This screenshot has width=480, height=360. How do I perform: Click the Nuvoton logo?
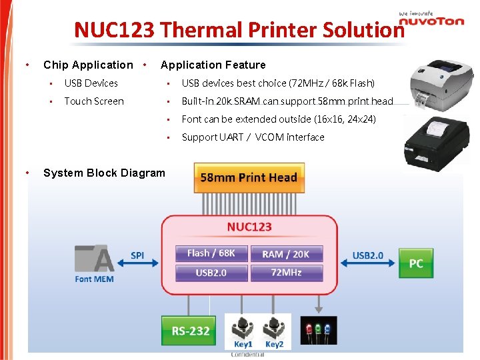(431, 20)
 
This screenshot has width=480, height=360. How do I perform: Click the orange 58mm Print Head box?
(249, 177)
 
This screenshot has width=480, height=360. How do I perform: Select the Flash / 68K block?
(211, 253)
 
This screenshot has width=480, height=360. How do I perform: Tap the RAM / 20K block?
(287, 253)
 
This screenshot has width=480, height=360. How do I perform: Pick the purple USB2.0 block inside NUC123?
(211, 273)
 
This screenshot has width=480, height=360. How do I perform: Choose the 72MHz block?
(287, 273)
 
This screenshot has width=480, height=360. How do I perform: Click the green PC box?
(415, 263)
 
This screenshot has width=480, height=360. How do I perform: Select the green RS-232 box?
(191, 331)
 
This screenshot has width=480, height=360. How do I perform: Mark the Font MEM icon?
(94, 261)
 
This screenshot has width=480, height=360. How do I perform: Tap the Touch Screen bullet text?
(94, 101)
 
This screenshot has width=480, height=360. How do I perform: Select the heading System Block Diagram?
(104, 173)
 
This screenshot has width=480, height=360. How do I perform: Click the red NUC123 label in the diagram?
(249, 227)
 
